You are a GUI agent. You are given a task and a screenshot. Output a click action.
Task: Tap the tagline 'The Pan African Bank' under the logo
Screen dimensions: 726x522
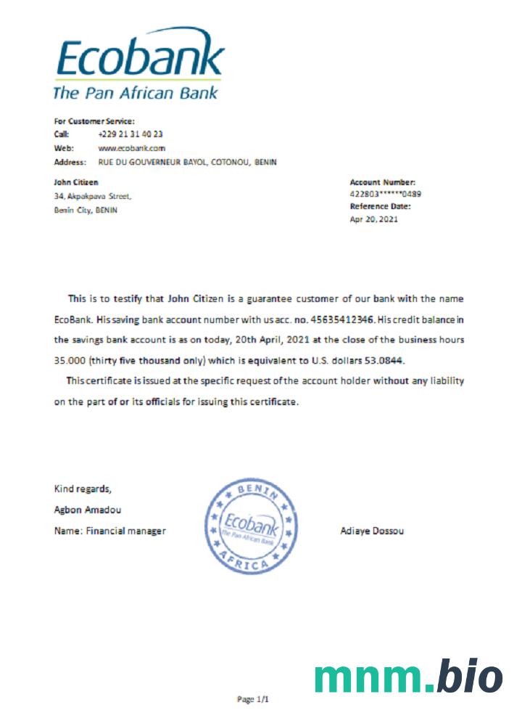click(136, 93)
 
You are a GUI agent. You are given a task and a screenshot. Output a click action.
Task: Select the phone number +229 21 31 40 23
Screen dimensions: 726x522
click(130, 134)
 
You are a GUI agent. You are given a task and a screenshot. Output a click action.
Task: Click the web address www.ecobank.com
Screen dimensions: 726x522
click(127, 148)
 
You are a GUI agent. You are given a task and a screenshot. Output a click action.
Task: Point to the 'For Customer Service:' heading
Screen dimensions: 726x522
click(95, 121)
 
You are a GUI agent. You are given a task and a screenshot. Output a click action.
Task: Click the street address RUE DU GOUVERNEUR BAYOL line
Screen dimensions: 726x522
click(187, 162)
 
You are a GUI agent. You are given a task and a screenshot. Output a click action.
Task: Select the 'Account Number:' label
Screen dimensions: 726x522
click(382, 182)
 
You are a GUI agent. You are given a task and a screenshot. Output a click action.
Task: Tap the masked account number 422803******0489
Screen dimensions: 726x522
click(385, 195)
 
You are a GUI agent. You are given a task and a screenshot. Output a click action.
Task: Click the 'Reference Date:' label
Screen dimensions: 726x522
click(380, 206)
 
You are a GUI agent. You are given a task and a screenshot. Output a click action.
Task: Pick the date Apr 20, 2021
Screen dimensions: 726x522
click(374, 219)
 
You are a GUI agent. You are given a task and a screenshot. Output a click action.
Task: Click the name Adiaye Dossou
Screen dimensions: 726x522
click(372, 531)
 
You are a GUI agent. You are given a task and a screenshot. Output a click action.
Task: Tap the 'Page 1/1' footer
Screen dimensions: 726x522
click(253, 700)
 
